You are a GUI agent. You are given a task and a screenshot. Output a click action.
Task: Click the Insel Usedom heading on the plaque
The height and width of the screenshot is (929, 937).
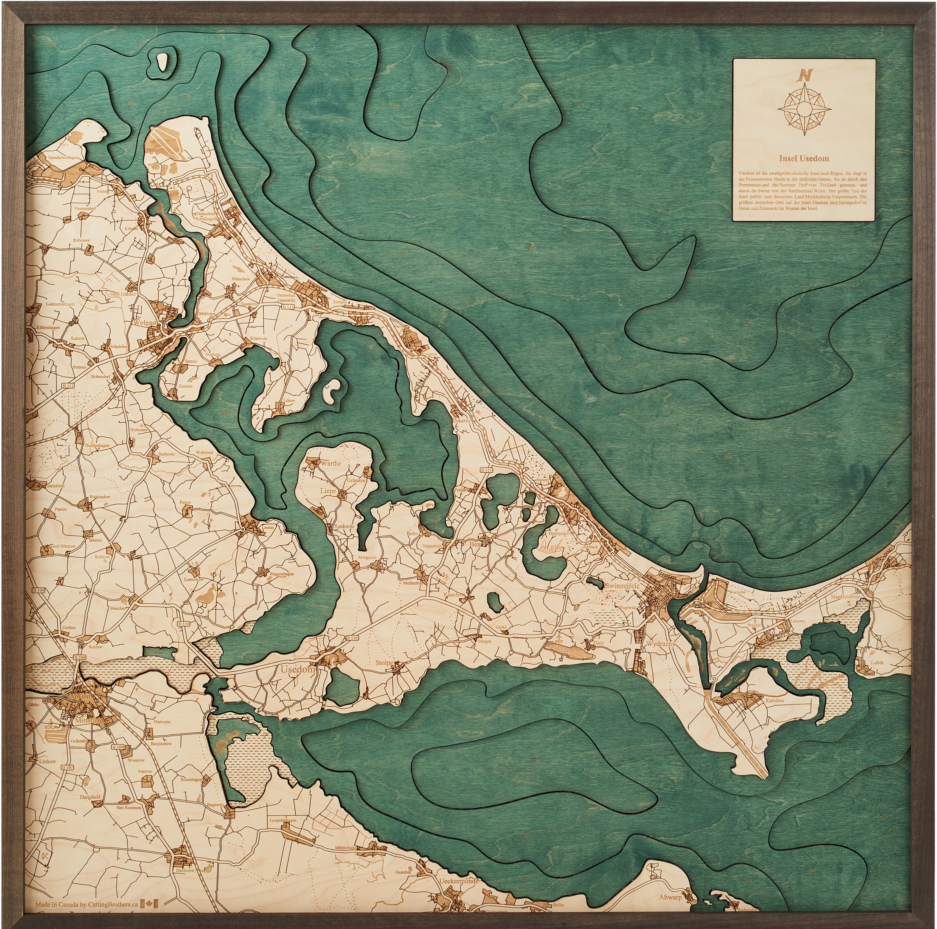click(x=804, y=158)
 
